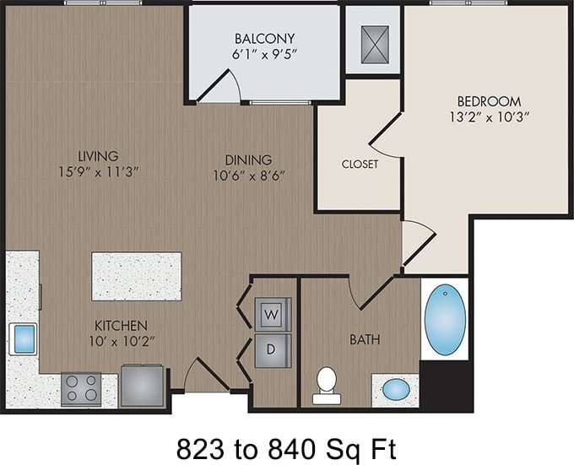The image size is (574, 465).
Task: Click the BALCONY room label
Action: [x=253, y=37]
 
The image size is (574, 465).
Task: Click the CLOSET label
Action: [x=360, y=164]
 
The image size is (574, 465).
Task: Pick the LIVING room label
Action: [x=98, y=155]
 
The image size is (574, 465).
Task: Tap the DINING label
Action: [x=248, y=159]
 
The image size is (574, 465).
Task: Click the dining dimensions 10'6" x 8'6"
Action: [x=248, y=176]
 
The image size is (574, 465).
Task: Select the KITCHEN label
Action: [x=122, y=325]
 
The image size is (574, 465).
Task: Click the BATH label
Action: [x=365, y=340]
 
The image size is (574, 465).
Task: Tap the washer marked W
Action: [x=273, y=314]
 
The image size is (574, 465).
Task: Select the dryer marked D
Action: [x=273, y=348]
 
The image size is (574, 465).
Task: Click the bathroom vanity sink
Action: [x=395, y=390]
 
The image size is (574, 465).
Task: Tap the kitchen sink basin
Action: [x=22, y=338]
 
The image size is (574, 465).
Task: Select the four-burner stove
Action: [x=81, y=388]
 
